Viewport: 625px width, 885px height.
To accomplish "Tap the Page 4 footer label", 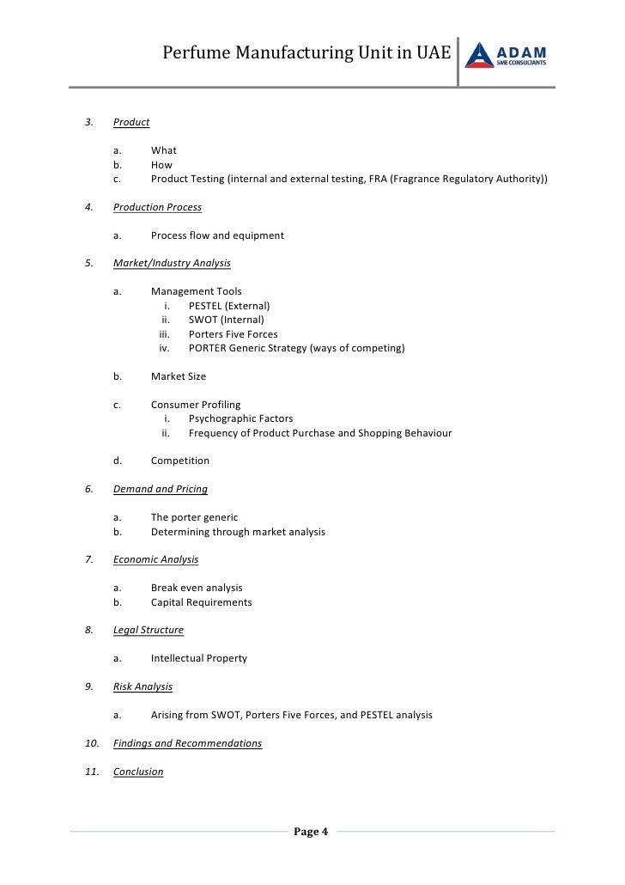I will click(x=311, y=831).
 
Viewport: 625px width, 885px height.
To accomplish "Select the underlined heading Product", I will click(x=131, y=122).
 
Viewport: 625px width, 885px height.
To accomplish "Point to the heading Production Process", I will click(x=157, y=207).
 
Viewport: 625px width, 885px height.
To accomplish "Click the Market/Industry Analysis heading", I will click(x=172, y=263).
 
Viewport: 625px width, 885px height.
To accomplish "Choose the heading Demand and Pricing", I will click(x=160, y=489).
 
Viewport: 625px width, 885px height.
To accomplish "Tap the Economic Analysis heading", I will click(x=155, y=559).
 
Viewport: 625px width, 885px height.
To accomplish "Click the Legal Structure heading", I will click(x=148, y=630).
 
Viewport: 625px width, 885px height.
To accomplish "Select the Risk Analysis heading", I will click(x=143, y=687).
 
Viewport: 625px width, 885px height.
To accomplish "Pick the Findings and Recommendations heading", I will click(x=187, y=743).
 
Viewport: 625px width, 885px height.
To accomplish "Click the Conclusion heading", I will click(x=138, y=772).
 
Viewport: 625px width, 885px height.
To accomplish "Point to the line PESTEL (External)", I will click(x=229, y=306).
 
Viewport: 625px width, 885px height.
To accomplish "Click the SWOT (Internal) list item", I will click(x=227, y=320).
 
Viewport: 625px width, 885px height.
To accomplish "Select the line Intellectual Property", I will click(x=199, y=658).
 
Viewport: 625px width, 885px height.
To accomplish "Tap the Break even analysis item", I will click(x=197, y=588).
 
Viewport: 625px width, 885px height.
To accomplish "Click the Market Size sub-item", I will click(x=179, y=376).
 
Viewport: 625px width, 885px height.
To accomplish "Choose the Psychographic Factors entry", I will click(x=240, y=418).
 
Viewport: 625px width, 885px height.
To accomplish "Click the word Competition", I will click(x=180, y=461).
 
